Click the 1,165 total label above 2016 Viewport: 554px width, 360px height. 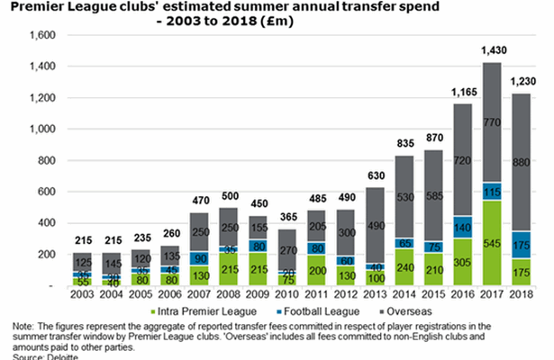click(x=463, y=94)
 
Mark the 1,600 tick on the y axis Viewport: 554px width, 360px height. click(x=42, y=35)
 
